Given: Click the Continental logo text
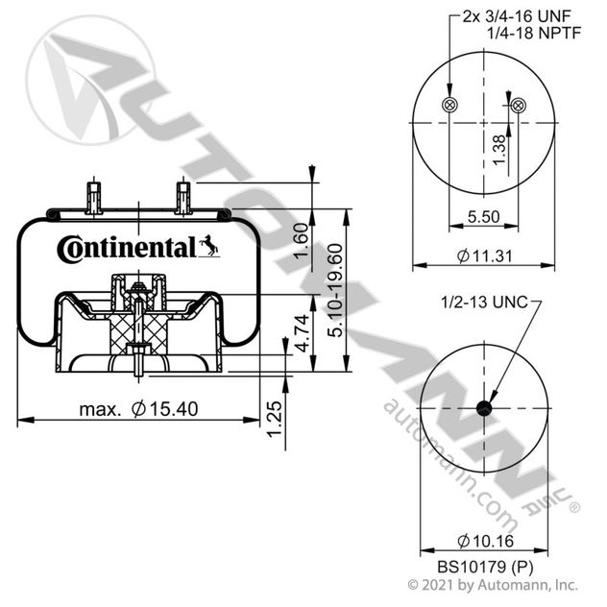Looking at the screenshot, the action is click(127, 249).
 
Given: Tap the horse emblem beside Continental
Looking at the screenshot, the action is click(209, 246).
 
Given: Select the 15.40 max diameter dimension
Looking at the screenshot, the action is click(138, 409).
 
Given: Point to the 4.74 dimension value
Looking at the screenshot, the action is click(303, 333).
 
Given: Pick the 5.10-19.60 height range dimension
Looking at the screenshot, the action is click(335, 290).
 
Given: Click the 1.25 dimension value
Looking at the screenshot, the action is click(275, 420).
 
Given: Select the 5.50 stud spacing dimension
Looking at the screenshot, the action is click(483, 217).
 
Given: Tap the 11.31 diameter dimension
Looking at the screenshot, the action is click(484, 255).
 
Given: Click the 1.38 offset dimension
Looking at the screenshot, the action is click(499, 150).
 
